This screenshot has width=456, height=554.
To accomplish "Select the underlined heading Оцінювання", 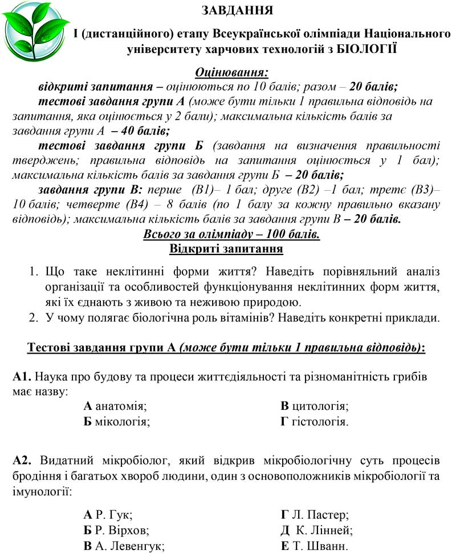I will pyautogui.click(x=231, y=72).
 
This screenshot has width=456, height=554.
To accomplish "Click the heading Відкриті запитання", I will pyautogui.click(x=226, y=249).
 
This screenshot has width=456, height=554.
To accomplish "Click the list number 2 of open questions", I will pyautogui.click(x=33, y=318).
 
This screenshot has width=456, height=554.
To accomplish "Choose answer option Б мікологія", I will pyautogui.click(x=116, y=422).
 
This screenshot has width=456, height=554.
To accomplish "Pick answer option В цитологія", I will pyautogui.click(x=314, y=406).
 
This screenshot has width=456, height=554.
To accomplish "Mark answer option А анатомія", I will pyautogui.click(x=115, y=406).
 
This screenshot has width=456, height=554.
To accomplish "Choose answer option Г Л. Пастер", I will pyautogui.click(x=314, y=515).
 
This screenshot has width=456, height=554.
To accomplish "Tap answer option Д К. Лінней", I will pyautogui.click(x=316, y=531).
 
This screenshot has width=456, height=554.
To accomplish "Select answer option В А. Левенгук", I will pyautogui.click(x=124, y=546).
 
